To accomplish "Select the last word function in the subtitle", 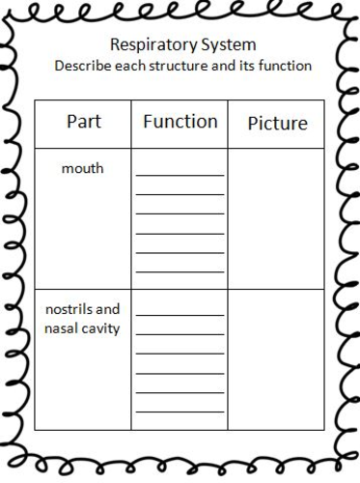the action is (284, 67).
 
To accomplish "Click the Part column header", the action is (83, 123).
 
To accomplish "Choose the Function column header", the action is (180, 122).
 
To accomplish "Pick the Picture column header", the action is (277, 124).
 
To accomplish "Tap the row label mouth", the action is (83, 169).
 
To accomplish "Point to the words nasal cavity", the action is (83, 329).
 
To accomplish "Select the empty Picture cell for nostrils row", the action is (277, 358).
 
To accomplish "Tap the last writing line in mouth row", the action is (180, 270).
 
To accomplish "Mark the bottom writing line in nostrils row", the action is (180, 412).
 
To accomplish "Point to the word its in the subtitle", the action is (244, 67).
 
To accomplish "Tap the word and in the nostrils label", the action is (110, 310).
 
